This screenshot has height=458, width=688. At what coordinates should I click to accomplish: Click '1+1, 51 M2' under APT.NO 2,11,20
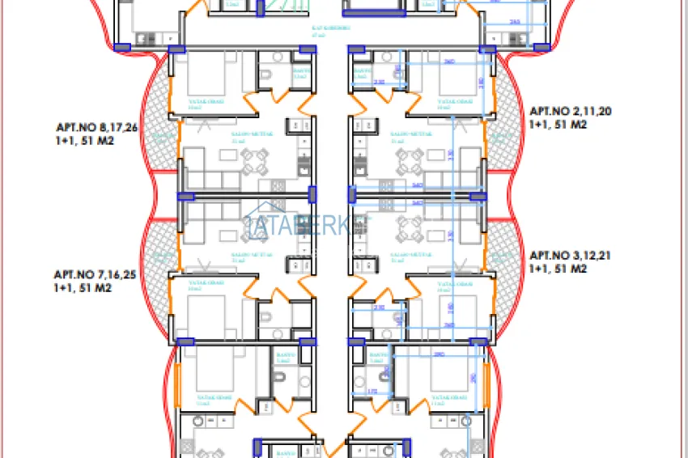(x=557, y=125)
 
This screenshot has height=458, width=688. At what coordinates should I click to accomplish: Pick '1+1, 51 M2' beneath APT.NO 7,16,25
(x=83, y=287)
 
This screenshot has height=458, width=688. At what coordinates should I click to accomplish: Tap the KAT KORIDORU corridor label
(x=331, y=30)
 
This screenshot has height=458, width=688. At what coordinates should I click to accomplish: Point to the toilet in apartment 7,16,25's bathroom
(x=266, y=315)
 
